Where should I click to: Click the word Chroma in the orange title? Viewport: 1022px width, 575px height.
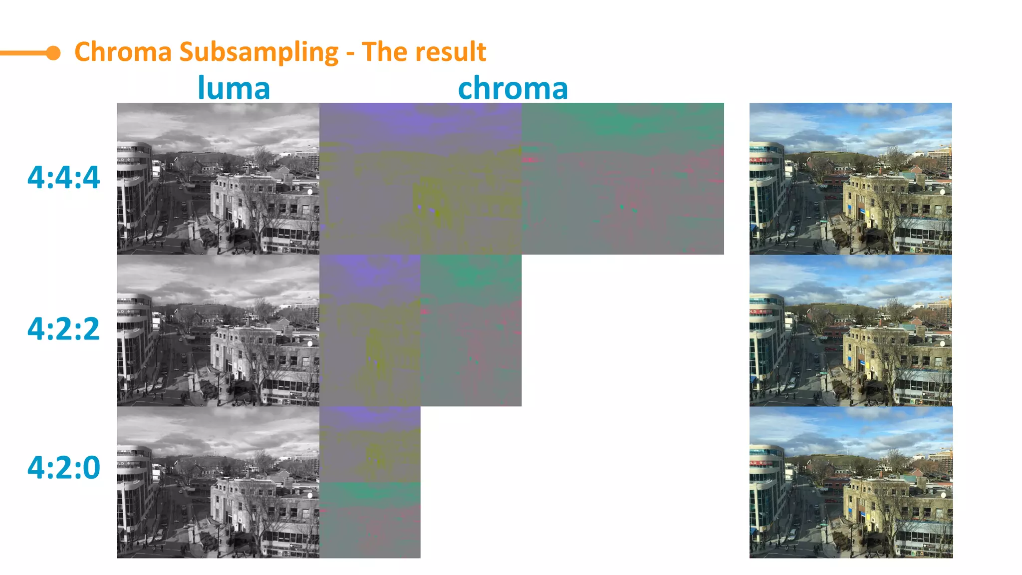point(123,52)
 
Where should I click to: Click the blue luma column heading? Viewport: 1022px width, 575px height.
point(234,88)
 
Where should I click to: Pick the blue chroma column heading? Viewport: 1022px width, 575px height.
point(512,88)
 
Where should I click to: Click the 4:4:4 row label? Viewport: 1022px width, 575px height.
point(63,178)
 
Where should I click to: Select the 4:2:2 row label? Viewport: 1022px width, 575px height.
point(63,329)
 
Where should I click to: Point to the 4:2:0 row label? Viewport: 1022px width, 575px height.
point(63,468)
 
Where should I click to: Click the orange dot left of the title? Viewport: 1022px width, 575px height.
point(53,53)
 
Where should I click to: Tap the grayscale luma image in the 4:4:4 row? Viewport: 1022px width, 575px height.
point(218,179)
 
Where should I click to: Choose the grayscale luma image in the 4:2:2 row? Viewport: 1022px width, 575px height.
point(218,330)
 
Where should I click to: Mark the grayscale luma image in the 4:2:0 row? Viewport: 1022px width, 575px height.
point(218,482)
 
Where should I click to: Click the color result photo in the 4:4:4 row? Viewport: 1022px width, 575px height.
point(850,179)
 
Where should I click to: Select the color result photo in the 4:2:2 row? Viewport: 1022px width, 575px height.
point(850,330)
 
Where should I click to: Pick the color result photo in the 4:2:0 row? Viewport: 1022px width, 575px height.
point(850,482)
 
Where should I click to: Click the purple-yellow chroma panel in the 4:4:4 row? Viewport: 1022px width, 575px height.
point(420,179)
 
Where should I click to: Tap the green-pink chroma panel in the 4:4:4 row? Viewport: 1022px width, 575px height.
point(622,179)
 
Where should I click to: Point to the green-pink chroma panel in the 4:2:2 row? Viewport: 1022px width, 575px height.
point(471,330)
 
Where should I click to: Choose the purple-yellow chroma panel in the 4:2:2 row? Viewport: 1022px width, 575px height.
point(370,330)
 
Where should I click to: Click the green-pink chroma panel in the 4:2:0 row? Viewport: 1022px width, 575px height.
point(370,520)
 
